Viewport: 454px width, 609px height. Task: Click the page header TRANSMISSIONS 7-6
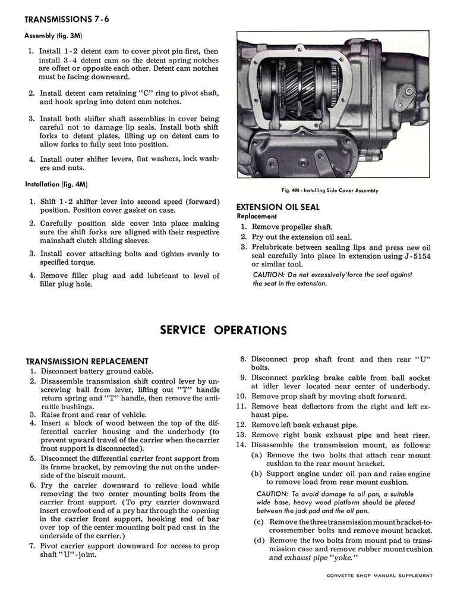[67, 19]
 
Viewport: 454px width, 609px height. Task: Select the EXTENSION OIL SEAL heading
[278, 207]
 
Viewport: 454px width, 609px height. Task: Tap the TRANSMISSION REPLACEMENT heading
[87, 361]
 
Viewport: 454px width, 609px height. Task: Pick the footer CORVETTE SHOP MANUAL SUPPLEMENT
[380, 575]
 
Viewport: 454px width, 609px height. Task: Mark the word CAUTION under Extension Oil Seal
[269, 275]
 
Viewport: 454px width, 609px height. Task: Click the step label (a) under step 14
[258, 454]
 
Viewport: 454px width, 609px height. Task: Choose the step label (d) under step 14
[258, 541]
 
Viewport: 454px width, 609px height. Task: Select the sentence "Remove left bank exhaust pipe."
[304, 425]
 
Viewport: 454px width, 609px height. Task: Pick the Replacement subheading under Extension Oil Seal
[257, 216]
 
